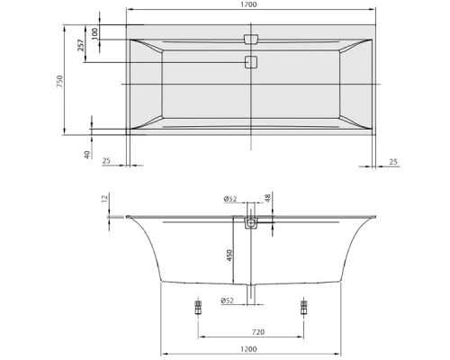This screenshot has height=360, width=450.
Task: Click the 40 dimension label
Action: click(86, 154)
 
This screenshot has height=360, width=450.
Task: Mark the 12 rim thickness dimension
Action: click(103, 198)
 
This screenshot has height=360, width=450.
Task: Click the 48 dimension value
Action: click(267, 198)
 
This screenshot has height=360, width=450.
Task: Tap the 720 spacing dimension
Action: click(257, 332)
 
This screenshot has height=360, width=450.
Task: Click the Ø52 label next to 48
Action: click(231, 198)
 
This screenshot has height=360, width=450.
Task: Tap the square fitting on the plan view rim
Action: click(251, 40)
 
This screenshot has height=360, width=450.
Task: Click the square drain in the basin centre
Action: click(251, 63)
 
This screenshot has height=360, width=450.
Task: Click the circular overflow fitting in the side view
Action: click(251, 221)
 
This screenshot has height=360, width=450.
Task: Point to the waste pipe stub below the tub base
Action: click(251, 296)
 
